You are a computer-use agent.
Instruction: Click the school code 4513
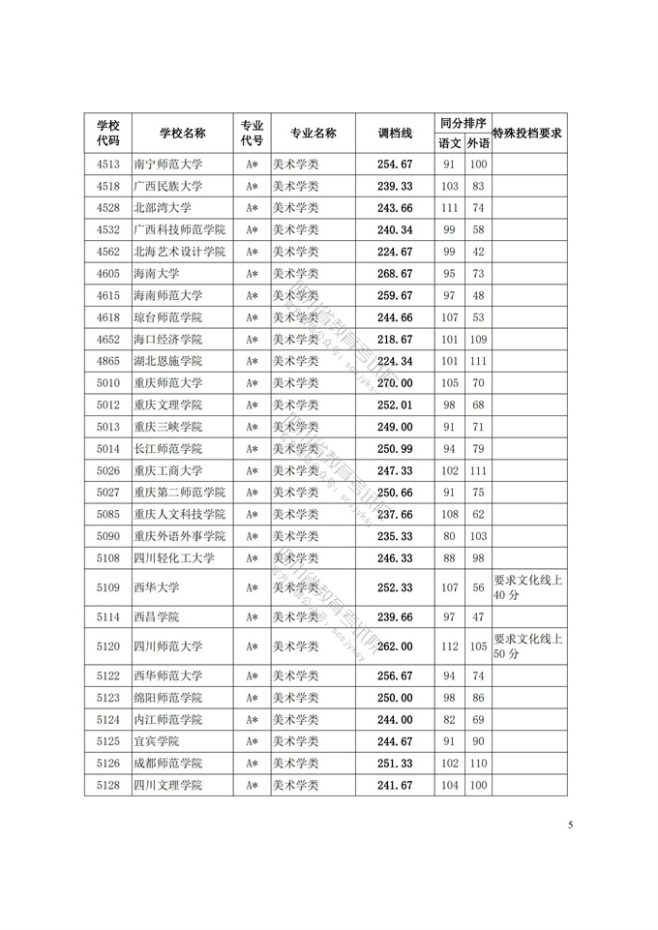click(108, 164)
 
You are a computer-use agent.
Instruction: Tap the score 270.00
click(395, 383)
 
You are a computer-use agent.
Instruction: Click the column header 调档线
click(395, 133)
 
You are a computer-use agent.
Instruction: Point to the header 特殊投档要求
click(528, 133)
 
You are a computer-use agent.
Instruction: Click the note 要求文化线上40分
click(528, 587)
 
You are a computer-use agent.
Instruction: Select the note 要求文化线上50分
click(528, 646)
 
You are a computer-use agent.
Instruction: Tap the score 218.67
click(395, 340)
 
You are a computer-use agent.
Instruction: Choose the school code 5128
click(108, 785)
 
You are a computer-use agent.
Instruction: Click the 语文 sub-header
click(450, 143)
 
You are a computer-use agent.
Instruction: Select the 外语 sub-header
click(478, 143)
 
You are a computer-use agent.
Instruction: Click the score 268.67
click(395, 274)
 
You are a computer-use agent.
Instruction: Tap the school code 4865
click(108, 361)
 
